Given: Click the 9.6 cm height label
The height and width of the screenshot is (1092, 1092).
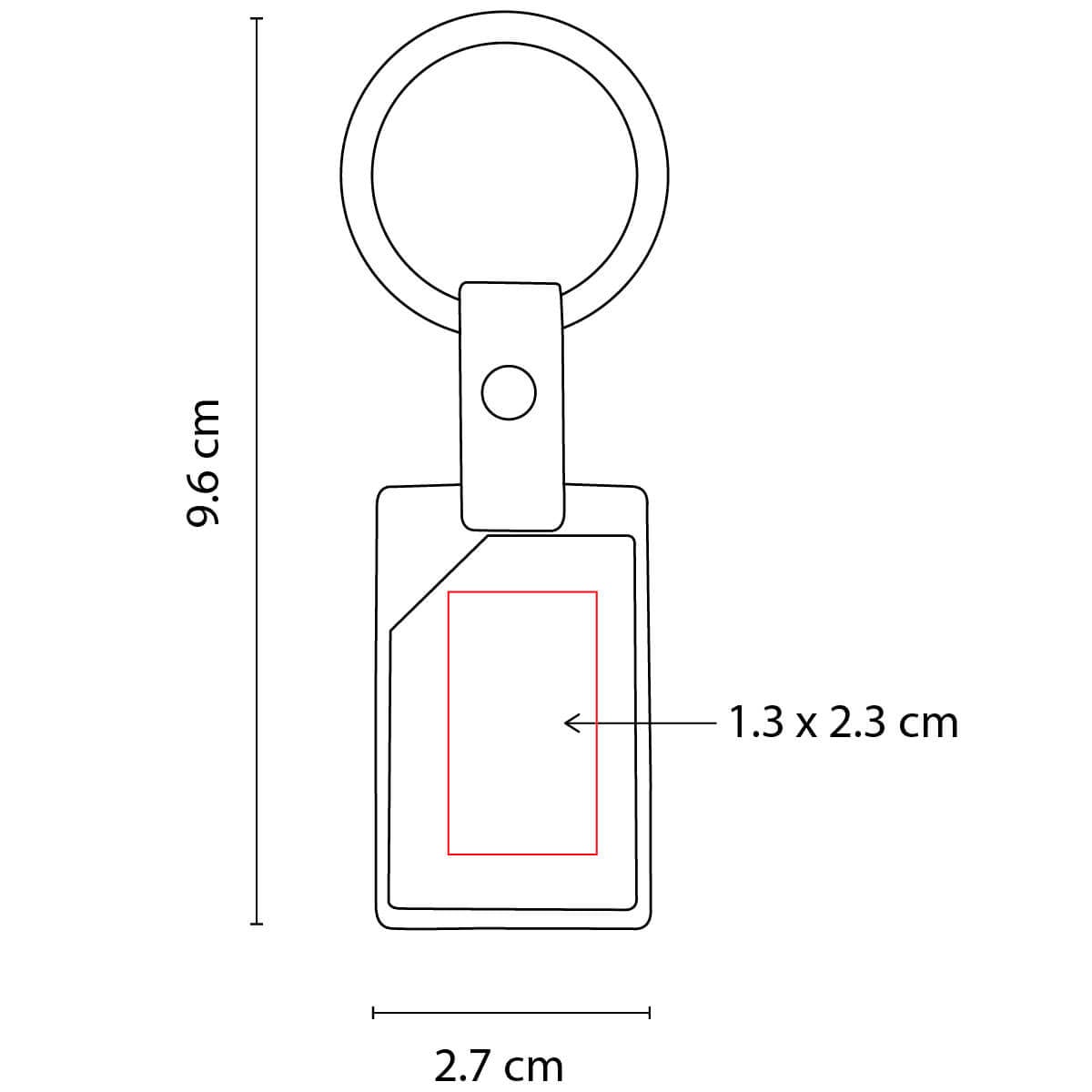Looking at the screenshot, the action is tap(202, 462).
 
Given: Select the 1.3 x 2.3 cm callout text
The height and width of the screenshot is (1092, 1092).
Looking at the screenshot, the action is tap(843, 723).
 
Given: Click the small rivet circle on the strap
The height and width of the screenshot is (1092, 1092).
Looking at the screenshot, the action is tap(509, 393).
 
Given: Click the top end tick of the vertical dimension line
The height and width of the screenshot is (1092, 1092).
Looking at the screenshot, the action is tap(257, 19).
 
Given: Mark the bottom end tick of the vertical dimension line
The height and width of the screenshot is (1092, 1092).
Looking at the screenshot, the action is tap(257, 939).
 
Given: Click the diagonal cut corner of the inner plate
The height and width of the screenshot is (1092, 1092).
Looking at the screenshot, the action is tap(440, 582).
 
